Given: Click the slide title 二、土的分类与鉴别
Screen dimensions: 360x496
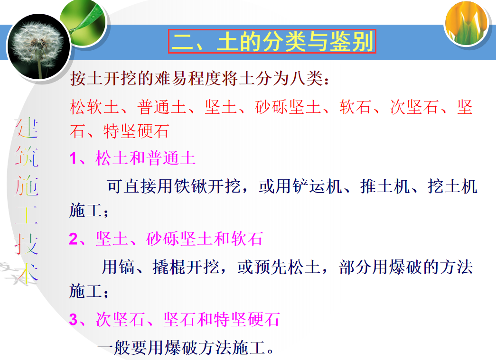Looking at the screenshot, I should coord(272,42).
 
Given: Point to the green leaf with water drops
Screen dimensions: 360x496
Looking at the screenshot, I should coord(83,18).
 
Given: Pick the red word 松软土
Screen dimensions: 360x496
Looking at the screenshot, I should coord(94,107).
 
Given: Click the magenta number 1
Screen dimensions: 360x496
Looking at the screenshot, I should coord(73,158).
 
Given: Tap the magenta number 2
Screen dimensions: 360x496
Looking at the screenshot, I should coord(73,239).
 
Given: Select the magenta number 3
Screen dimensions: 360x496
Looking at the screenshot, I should coord(73,319).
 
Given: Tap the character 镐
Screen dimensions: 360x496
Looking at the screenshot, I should coord(128,267).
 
